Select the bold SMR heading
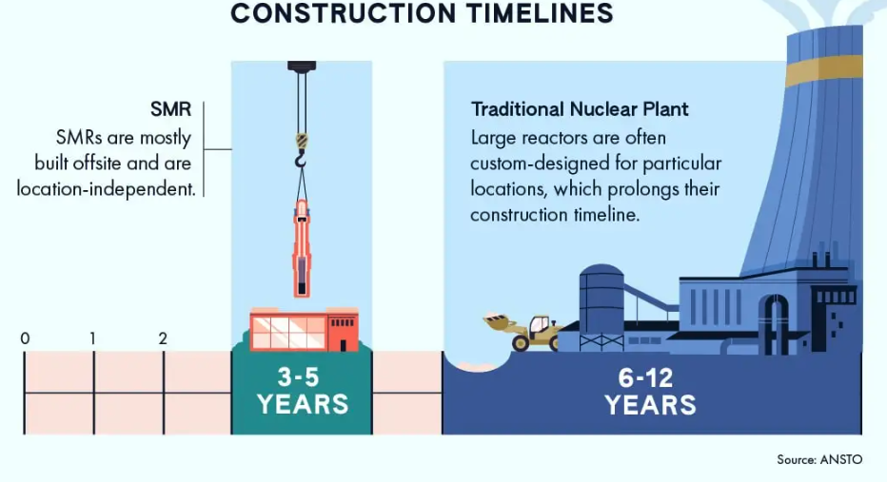pyautogui.click(x=171, y=109)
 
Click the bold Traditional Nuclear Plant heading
pyautogui.click(x=580, y=109)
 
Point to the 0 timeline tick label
pyautogui.click(x=25, y=338)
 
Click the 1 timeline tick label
pyautogui.click(x=93, y=338)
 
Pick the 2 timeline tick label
pyautogui.click(x=163, y=338)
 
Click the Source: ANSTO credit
pyautogui.click(x=819, y=459)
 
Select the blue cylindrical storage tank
pyautogui.click(x=601, y=297)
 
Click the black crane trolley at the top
pyautogui.click(x=302, y=67)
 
